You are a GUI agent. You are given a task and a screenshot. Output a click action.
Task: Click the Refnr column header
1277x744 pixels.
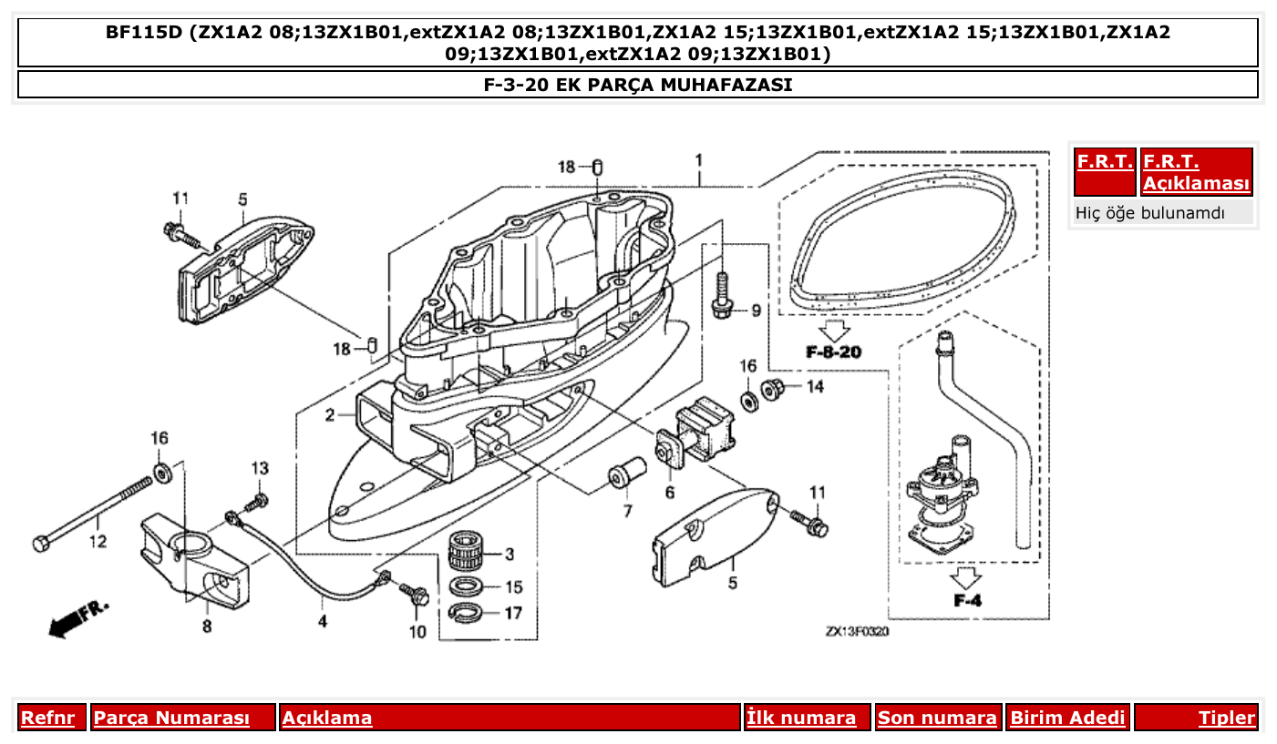point(47,718)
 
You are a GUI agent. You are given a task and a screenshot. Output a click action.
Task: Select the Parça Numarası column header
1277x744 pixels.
point(171,718)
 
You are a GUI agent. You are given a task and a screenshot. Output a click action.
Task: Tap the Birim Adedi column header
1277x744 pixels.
point(1067,718)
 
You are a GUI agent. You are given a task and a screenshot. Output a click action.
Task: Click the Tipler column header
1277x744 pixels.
point(1227,718)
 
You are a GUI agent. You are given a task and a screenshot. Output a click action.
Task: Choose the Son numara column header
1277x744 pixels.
point(937,718)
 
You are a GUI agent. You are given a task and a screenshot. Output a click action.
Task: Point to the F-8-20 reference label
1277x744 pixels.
point(833,352)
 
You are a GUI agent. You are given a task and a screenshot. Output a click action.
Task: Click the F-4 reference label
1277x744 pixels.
point(966,600)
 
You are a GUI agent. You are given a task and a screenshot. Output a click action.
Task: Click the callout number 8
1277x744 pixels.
point(207,626)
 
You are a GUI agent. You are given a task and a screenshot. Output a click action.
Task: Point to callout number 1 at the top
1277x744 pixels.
point(698,160)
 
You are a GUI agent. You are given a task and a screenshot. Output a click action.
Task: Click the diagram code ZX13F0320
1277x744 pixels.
point(857,631)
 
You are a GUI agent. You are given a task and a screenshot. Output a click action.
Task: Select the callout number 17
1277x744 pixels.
point(513,613)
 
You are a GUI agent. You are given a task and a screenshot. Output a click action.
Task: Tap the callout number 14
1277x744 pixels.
point(814,386)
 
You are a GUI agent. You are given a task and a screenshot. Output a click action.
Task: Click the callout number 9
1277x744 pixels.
point(755,311)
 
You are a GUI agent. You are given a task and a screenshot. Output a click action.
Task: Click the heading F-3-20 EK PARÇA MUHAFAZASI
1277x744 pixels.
point(637,85)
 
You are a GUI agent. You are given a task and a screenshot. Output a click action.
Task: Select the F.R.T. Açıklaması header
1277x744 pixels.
point(1196,172)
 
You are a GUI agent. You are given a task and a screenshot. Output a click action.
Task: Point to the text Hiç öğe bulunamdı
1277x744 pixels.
point(1149,213)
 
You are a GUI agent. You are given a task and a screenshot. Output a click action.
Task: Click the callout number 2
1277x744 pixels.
point(329,416)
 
